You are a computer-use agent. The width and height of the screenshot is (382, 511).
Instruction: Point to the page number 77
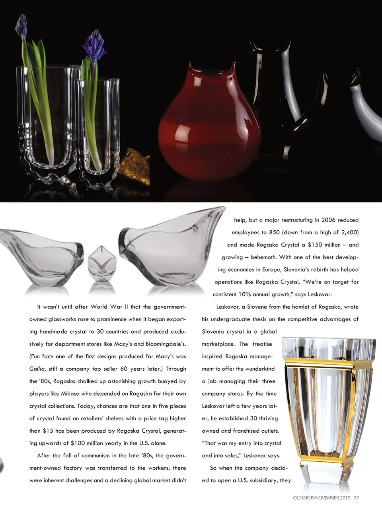pos(357,497)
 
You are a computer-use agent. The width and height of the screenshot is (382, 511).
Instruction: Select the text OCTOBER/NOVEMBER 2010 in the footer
pos(322,497)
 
